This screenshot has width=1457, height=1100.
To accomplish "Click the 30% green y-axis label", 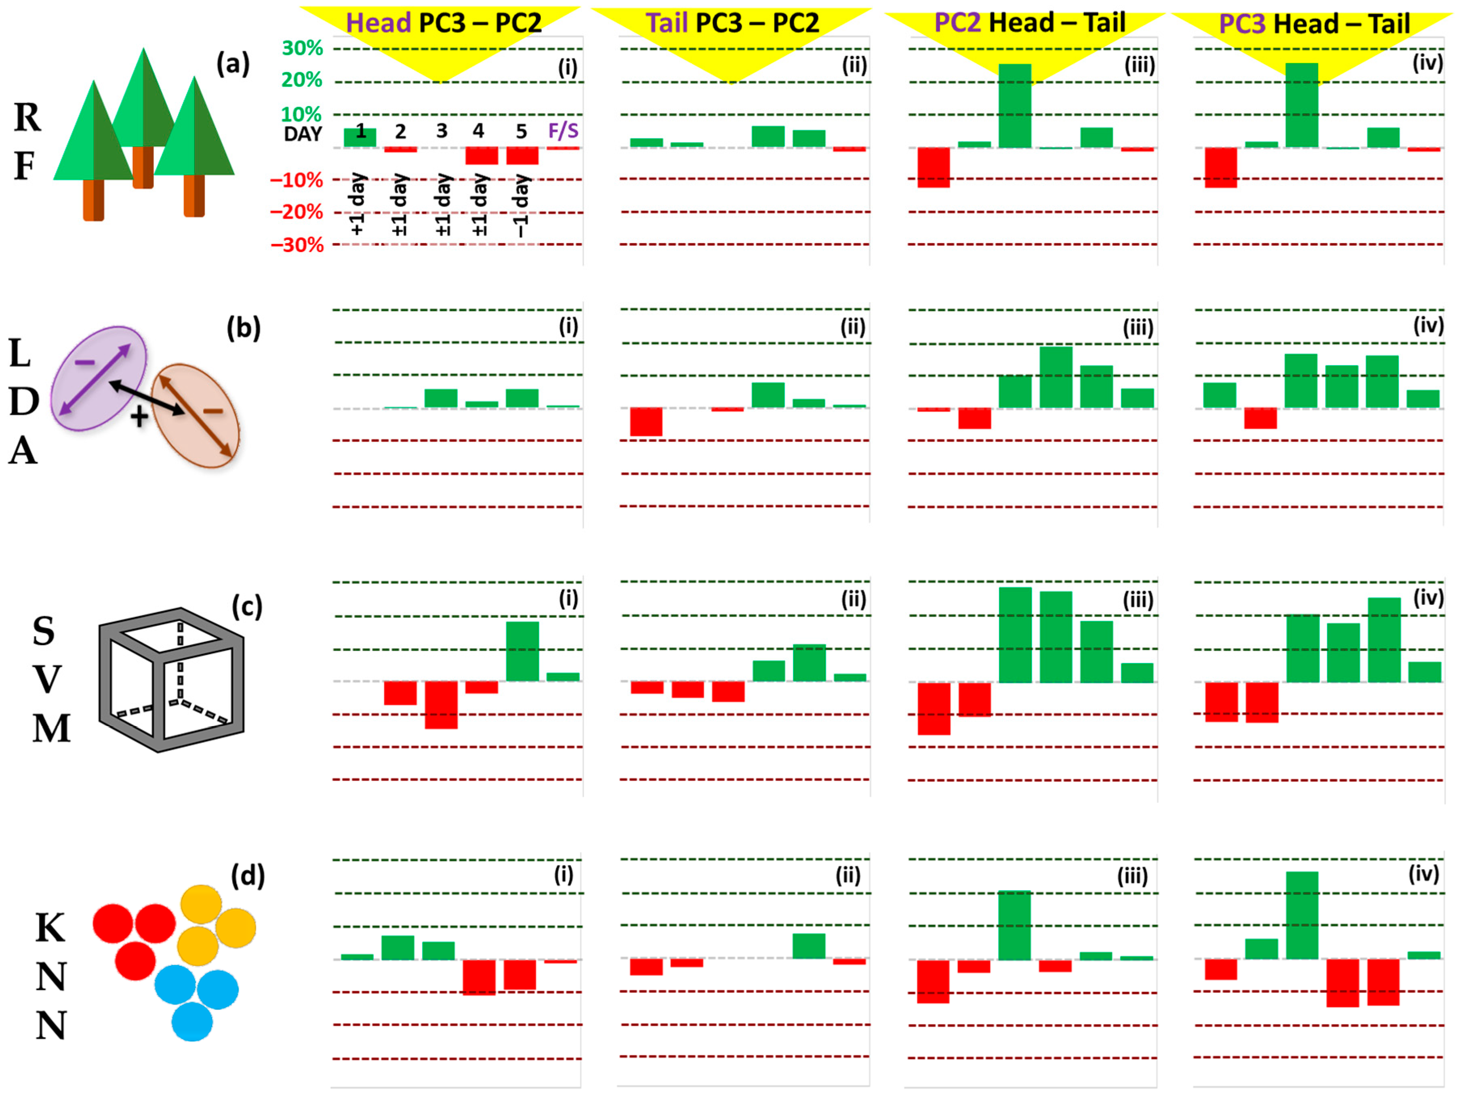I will pos(302,48).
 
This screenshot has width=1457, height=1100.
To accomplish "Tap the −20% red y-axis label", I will pos(296,212).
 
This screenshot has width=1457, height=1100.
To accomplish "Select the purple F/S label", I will pos(563,131).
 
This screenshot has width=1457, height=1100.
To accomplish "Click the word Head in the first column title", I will pos(378,23).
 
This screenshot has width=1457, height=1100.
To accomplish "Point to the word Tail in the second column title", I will pos(666,23).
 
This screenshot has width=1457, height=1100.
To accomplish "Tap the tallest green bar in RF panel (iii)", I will pos(1015,105).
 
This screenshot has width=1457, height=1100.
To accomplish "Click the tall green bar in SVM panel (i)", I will pos(522,651).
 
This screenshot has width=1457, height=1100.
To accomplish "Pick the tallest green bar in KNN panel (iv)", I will pos(1302,915).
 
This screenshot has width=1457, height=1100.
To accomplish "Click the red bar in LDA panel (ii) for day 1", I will pos(646,422).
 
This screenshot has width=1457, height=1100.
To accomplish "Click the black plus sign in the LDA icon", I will pos(139,417).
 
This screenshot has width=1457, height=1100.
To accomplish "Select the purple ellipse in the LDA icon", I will pos(99,379).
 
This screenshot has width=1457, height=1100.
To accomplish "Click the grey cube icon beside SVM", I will pos(171,680).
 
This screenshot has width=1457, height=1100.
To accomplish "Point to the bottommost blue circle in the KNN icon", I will pos(192,1022).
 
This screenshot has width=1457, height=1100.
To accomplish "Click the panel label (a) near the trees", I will pos(233,64).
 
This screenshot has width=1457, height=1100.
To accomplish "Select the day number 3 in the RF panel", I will pos(442,131).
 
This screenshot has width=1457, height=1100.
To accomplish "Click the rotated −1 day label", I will pos(521,206).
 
